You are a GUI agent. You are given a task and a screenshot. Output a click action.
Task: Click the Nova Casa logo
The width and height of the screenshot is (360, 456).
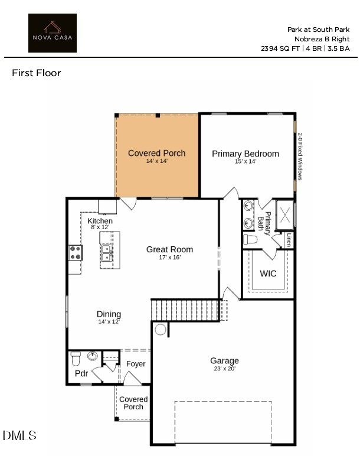pos(53,33)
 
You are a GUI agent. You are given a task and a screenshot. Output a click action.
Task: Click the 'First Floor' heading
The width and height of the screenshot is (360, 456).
pos(37,73)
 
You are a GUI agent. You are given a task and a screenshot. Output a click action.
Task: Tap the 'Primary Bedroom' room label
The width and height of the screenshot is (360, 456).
pos(246,154)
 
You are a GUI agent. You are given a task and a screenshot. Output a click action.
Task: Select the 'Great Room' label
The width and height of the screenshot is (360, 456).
pos(169,249)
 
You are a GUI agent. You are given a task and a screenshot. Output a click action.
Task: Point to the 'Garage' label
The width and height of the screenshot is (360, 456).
pos(224,360)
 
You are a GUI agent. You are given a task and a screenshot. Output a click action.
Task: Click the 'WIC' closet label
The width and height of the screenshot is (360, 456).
pos(268,273)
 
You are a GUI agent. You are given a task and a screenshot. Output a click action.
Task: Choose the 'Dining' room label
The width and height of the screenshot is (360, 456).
pos(109,314)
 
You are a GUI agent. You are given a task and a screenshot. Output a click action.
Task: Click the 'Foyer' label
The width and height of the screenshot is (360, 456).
pos(136,364)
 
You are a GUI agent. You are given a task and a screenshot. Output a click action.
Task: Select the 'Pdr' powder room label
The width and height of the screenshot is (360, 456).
pos(81,373)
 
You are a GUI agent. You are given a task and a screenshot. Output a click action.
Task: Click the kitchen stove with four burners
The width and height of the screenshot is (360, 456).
pos(76,253)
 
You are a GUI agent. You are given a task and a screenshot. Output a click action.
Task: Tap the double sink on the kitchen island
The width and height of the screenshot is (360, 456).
pos(107,252)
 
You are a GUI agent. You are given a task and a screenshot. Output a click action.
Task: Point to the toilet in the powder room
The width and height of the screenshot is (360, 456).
pos(76,358)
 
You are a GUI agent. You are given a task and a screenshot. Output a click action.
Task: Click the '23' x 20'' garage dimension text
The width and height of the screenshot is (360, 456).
pos(224,369)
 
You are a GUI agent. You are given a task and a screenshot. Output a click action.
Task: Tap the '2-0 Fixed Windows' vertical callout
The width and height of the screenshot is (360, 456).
pos(300,156)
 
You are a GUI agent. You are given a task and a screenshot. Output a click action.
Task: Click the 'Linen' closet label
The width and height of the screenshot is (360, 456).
pos(289,240)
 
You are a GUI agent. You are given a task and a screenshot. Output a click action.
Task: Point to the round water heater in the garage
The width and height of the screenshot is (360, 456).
pos(160,330)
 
